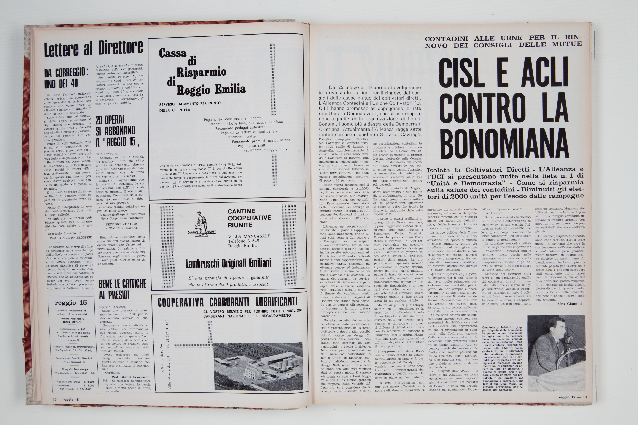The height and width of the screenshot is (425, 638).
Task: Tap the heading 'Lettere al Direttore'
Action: click(93, 49)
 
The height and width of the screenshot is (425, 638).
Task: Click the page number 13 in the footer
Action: click(585, 397)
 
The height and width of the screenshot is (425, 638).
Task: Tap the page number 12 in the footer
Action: click(54, 400)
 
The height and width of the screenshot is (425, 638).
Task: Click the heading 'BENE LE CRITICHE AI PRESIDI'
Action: click(122, 289)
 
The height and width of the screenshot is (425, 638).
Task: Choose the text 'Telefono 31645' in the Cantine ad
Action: click(243, 241)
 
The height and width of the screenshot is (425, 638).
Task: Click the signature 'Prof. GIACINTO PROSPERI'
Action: click(71, 237)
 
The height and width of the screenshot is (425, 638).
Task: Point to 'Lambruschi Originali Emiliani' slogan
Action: click(228, 263)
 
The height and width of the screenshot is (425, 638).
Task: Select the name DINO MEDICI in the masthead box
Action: click(70, 322)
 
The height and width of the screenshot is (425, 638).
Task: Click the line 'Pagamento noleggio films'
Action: click(265, 150)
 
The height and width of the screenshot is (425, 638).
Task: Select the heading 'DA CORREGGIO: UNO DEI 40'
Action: click(66, 78)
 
